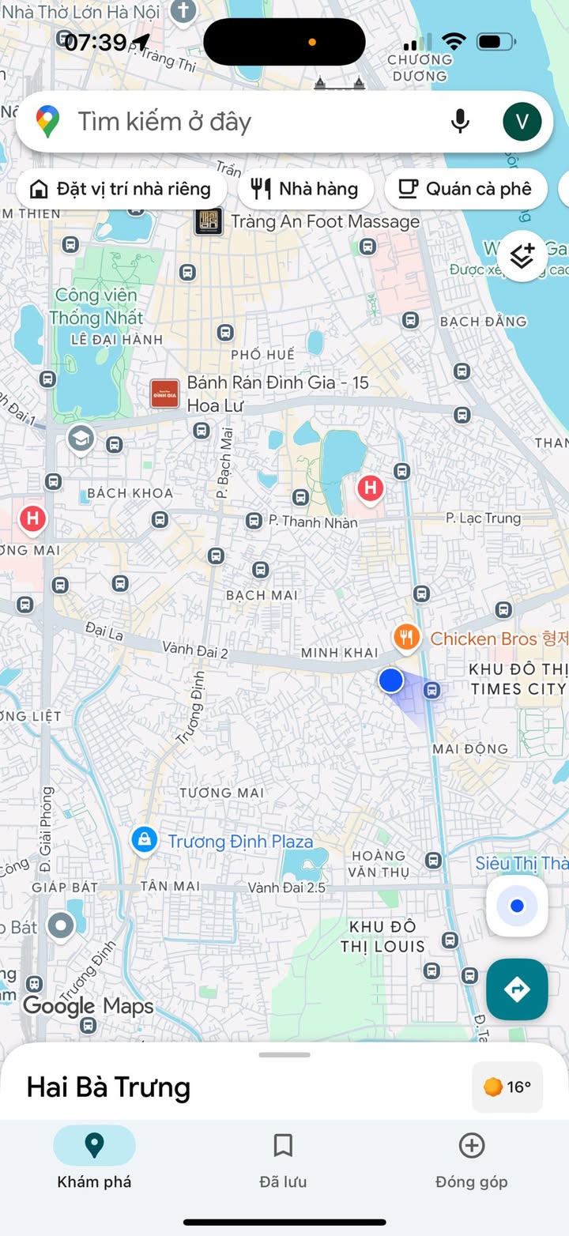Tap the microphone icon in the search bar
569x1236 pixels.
click(460, 121)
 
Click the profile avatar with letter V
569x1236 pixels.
click(522, 121)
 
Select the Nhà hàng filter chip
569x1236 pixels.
click(305, 189)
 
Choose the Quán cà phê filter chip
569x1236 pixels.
click(465, 189)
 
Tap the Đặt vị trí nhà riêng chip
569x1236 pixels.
click(121, 189)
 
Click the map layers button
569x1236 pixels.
click(522, 256)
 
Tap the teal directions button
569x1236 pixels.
click(517, 989)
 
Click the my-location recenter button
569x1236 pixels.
click(517, 906)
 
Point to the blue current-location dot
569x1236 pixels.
click(390, 680)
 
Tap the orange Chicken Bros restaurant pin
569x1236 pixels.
click(406, 637)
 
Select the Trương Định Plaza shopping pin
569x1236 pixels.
click(144, 841)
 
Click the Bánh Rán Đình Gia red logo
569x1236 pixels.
click(164, 394)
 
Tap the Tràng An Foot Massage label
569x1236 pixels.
click(325, 222)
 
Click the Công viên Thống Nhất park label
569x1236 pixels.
click(96, 307)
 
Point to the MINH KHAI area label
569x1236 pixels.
click(339, 653)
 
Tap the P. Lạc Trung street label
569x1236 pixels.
click(483, 518)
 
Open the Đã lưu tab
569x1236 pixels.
click(283, 1159)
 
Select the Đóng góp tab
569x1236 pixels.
click(471, 1159)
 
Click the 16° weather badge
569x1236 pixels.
click(507, 1087)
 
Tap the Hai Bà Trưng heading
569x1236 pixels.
click(108, 1087)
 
